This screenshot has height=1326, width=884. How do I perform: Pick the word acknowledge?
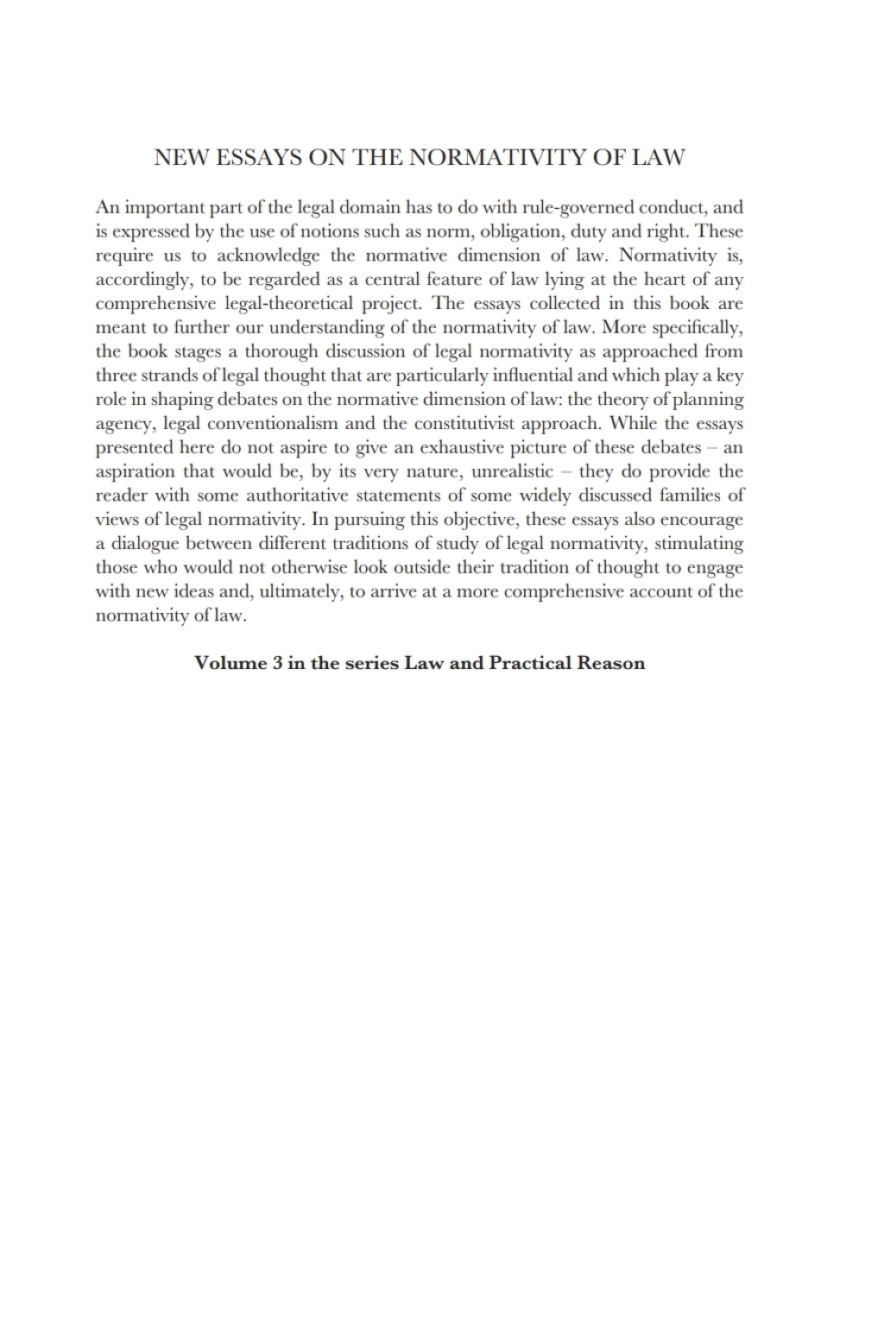pyautogui.click(x=268, y=256)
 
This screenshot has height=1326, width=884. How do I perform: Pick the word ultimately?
pyautogui.click(x=299, y=591)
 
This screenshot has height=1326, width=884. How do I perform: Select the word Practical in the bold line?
pyautogui.click(x=527, y=663)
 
